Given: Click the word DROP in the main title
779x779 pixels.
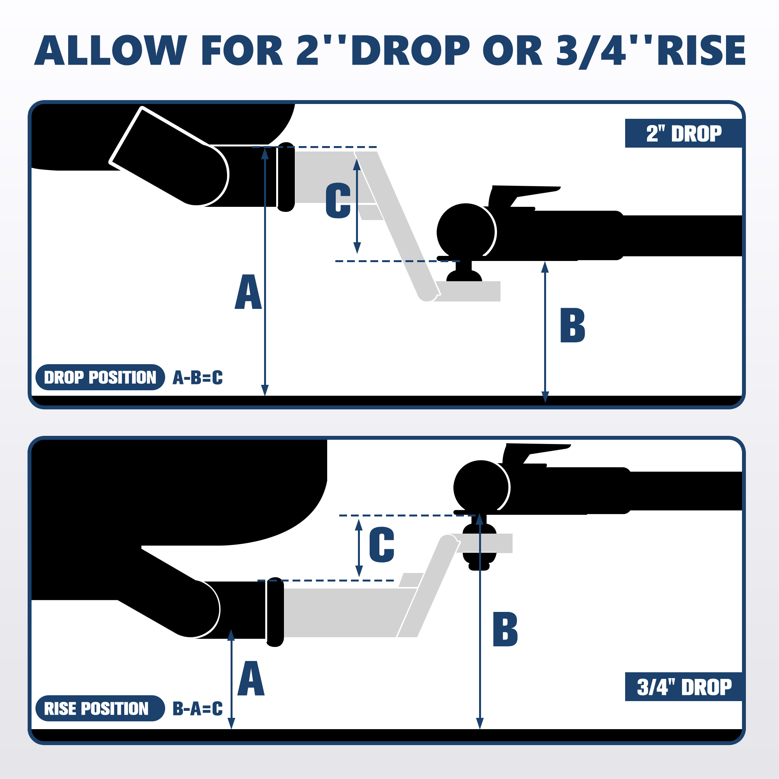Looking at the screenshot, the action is pyautogui.click(x=411, y=50).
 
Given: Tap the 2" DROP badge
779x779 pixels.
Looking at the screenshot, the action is pyautogui.click(x=683, y=134).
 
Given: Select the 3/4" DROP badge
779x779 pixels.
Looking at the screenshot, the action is pyautogui.click(x=683, y=687).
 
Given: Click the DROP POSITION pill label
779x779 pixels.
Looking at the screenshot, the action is pyautogui.click(x=100, y=377).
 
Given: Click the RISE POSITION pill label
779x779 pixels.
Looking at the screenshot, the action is pyautogui.click(x=100, y=709).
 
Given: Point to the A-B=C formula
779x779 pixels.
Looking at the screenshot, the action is pyautogui.click(x=197, y=377).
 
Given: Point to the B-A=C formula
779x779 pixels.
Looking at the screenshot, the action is pyautogui.click(x=197, y=709).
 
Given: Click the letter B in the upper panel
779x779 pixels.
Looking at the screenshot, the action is pyautogui.click(x=573, y=325).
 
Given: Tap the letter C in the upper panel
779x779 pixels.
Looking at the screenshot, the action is pyautogui.click(x=338, y=200).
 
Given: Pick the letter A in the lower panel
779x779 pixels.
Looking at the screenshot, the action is pyautogui.click(x=251, y=678).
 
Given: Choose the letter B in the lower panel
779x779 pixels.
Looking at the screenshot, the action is pyautogui.click(x=505, y=629).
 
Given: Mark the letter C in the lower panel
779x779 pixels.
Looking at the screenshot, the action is pyautogui.click(x=381, y=545).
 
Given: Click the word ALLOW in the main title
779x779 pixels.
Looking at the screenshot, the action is pyautogui.click(x=111, y=50).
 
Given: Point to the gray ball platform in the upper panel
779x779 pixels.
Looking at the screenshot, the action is pyautogui.click(x=468, y=291).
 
